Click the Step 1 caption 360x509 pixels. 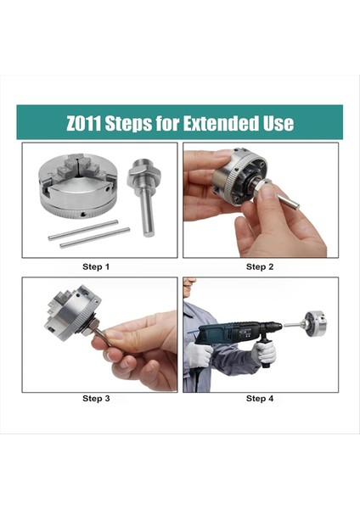(96, 267)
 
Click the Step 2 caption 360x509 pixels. (260, 267)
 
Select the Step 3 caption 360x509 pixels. (96, 399)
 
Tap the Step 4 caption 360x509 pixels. (260, 399)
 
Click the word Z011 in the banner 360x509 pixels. (83, 123)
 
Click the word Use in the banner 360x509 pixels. (278, 123)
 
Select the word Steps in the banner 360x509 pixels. (128, 124)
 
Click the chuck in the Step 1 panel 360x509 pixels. (77, 186)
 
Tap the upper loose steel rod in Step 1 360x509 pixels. (83, 230)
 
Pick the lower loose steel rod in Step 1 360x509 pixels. (95, 238)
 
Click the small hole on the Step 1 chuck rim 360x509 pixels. (83, 214)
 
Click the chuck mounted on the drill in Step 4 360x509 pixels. (314, 323)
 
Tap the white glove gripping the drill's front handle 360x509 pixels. (264, 352)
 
